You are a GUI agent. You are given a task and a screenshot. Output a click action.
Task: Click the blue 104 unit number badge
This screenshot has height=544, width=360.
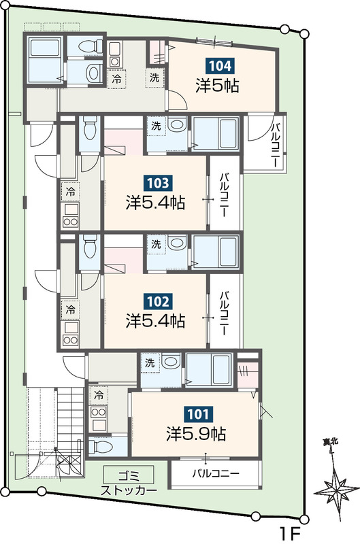pyautogui.click(x=220, y=66)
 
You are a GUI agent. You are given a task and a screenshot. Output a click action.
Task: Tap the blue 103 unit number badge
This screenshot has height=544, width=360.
pyautogui.click(x=158, y=183)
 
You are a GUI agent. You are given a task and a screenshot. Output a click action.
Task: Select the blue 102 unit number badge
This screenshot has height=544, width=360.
pyautogui.click(x=158, y=301)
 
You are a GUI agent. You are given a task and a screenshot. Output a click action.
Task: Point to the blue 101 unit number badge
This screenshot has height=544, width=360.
pyautogui.click(x=199, y=413)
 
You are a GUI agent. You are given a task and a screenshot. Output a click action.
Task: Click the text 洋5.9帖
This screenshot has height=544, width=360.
pyautogui.click(x=196, y=434)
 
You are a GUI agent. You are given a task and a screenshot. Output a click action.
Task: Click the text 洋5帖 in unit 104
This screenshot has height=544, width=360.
pyautogui.click(x=217, y=86)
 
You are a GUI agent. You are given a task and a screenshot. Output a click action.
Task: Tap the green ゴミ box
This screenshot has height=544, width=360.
pyautogui.click(x=129, y=475)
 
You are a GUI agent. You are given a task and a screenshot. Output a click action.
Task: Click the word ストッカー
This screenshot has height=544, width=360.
pyautogui.click(x=129, y=490)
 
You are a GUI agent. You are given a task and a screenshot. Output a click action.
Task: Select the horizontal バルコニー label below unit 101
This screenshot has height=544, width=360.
pyautogui.click(x=216, y=473)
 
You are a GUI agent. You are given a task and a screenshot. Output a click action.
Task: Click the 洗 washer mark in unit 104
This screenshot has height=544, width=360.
pyautogui.click(x=154, y=78)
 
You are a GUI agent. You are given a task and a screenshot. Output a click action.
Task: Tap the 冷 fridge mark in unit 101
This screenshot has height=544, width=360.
pyautogui.click(x=99, y=394)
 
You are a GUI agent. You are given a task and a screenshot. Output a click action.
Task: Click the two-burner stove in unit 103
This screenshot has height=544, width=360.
pyautogui.click(x=71, y=221)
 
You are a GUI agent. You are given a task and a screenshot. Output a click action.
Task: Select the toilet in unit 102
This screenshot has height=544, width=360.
pyautogui.click(x=90, y=246)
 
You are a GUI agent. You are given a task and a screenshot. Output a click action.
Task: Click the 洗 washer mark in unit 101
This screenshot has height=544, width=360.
pyautogui.click(x=150, y=363)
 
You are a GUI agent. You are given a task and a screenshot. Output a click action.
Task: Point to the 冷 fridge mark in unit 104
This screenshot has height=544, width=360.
pyautogui.click(x=116, y=79)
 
